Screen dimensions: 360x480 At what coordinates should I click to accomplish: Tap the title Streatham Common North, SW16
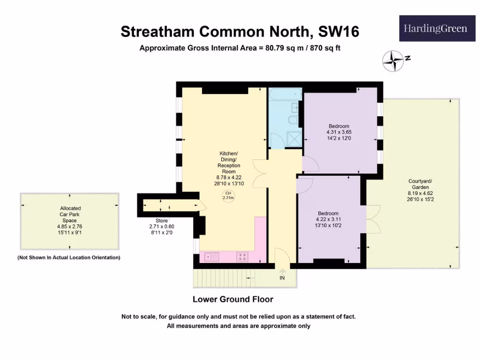(x=240, y=31)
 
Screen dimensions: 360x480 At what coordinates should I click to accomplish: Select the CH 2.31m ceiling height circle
(x=228, y=195)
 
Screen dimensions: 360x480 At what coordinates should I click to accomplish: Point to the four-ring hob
(x=243, y=256)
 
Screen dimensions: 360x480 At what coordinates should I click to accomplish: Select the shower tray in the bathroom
(x=294, y=138)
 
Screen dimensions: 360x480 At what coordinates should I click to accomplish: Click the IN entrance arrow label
(x=282, y=277)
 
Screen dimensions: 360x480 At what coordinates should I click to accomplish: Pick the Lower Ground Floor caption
(x=233, y=299)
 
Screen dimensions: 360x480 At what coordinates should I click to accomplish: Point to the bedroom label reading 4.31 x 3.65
(x=338, y=132)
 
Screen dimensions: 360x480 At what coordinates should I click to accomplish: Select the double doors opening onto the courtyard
(x=373, y=219)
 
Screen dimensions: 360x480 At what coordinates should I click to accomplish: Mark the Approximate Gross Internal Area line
(x=243, y=48)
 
